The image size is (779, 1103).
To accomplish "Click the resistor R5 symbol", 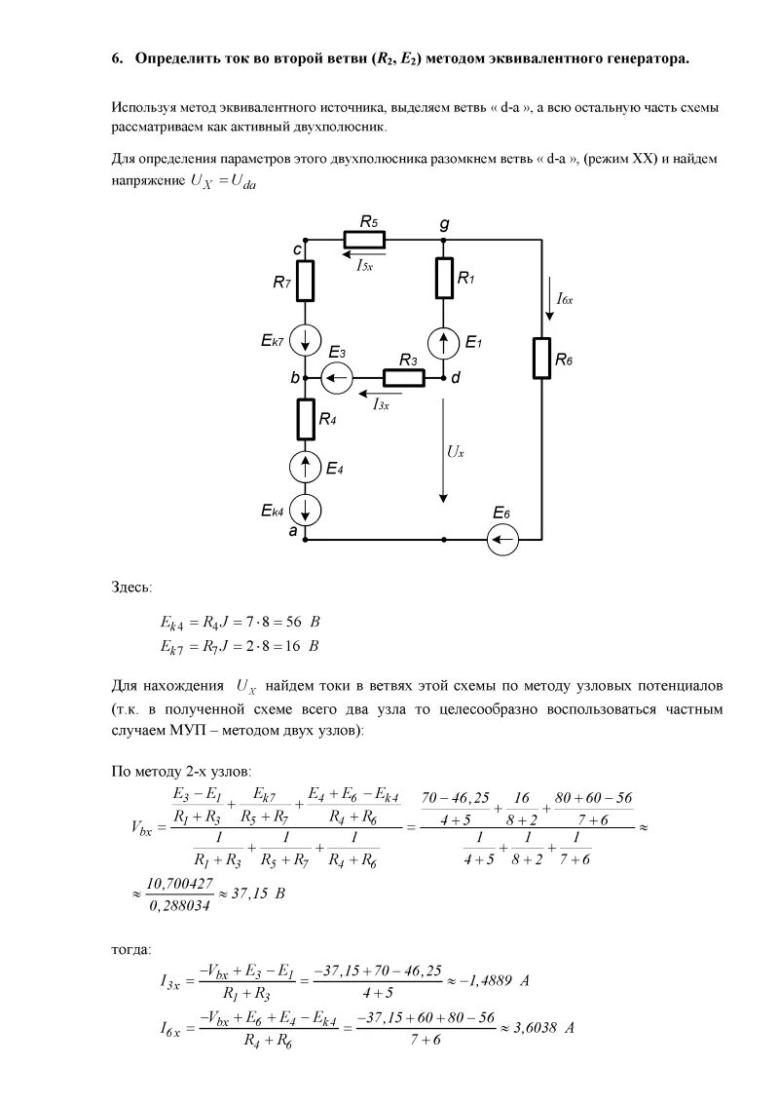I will (x=364, y=240).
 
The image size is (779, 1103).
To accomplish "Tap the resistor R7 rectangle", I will (x=306, y=281).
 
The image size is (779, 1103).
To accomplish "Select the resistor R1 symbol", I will (x=445, y=278).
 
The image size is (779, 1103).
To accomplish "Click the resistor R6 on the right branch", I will (x=540, y=358).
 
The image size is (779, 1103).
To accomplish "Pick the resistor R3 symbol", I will (x=404, y=377).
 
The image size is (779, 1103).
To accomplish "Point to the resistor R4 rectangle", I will (x=306, y=419).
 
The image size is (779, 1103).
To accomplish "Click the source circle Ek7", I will (x=306, y=340).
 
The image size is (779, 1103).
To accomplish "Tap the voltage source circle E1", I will (x=445, y=342).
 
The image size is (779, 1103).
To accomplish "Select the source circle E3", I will (x=338, y=377).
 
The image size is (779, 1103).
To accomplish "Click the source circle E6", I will (x=504, y=538).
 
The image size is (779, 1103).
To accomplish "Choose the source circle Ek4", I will (x=306, y=510).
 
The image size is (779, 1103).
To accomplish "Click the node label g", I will (x=445, y=223).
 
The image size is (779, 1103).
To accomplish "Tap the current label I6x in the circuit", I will (x=565, y=301).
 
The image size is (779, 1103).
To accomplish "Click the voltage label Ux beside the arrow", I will (x=456, y=452).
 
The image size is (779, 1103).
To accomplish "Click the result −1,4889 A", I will (x=493, y=980).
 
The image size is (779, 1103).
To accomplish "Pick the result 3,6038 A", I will (x=540, y=1027).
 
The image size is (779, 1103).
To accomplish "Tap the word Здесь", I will (x=131, y=587).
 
